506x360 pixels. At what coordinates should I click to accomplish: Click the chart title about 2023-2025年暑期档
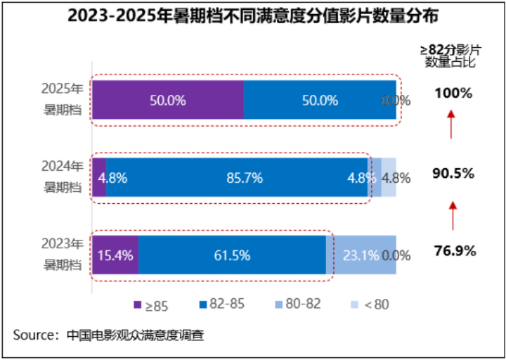[x=253, y=15]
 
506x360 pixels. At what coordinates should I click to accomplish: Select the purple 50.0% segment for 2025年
[x=168, y=100]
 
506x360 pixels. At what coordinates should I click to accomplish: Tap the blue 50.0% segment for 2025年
[x=320, y=100]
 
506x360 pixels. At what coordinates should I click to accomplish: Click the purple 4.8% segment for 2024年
[x=99, y=177]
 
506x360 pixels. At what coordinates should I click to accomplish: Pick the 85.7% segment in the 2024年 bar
[x=236, y=177]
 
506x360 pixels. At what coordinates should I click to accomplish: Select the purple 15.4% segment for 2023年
[x=115, y=255]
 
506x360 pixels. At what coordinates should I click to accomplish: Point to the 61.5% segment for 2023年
[x=232, y=255]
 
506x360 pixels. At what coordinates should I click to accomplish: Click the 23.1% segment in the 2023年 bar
[x=360, y=255]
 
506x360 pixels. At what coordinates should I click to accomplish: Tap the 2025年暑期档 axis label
[x=63, y=100]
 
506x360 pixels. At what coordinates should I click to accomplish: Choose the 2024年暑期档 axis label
[x=63, y=177]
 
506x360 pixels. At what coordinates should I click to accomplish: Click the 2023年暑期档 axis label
[x=63, y=255]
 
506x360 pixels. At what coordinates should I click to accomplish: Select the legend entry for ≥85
[x=150, y=304]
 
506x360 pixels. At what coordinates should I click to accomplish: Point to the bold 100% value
[x=453, y=93]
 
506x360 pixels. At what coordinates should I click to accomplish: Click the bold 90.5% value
[x=453, y=172]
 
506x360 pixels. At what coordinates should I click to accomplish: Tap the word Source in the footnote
[x=34, y=335]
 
